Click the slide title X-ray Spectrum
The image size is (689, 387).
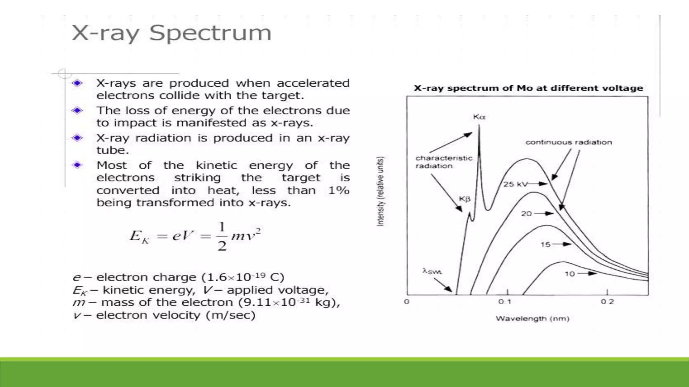tap(171, 33)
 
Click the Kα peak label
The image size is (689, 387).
tap(479, 117)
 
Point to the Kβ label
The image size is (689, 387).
tap(465, 199)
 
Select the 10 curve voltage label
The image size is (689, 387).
tap(570, 274)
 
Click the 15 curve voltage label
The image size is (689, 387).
tap(545, 245)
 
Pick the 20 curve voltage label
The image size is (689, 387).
tap(526, 214)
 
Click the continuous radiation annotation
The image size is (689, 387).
tap(569, 142)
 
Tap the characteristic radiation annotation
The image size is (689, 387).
tap(443, 162)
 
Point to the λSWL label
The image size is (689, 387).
tap(432, 271)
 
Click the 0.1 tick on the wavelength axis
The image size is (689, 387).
tap(505, 302)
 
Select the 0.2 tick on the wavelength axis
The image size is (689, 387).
tap(607, 302)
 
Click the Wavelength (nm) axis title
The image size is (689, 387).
tap(532, 318)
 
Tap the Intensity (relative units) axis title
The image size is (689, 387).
tap(380, 191)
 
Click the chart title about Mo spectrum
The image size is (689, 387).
tap(528, 88)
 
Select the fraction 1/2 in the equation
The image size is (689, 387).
tap(222, 236)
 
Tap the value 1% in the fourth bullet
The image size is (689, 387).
tap(338, 190)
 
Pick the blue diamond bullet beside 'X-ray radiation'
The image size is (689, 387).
tap(77, 138)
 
